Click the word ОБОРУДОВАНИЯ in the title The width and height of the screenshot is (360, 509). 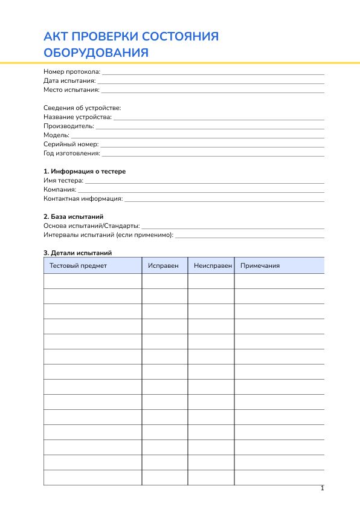pos(96,53)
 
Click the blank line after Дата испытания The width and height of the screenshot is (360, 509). pos(211,80)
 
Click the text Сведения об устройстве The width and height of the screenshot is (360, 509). pos(82,108)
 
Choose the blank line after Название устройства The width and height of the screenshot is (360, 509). pos(219,117)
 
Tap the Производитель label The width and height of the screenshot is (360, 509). pos(69,126)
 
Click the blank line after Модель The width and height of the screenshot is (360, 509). pos(198,135)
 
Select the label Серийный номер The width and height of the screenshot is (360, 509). pos(71,144)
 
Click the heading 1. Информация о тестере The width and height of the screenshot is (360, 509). pos(85,171)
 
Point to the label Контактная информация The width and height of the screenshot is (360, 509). pos(83,198)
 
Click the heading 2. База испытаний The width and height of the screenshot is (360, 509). pos(73,216)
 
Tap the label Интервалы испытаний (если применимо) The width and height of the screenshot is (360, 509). pos(108,235)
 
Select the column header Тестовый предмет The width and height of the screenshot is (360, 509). pos(78,265)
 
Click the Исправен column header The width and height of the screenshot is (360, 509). pos(163,265)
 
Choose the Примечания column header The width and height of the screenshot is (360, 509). pos(260,265)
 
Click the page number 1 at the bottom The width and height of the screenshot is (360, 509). pos(322,488)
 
